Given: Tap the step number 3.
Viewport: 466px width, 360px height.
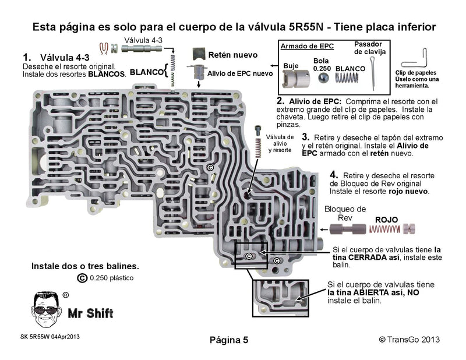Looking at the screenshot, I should pyautogui.click(x=305, y=136).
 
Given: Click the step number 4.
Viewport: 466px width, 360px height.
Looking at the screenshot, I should pyautogui.click(x=334, y=174).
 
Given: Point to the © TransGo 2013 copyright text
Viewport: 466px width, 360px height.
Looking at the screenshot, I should pyautogui.click(x=409, y=339).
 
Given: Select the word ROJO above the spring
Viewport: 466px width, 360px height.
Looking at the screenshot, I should pyautogui.click(x=386, y=220).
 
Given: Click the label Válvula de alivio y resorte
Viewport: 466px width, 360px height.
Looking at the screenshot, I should pyautogui.click(x=279, y=143).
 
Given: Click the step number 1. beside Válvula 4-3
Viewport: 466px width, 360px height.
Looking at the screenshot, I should pyautogui.click(x=26, y=58).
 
